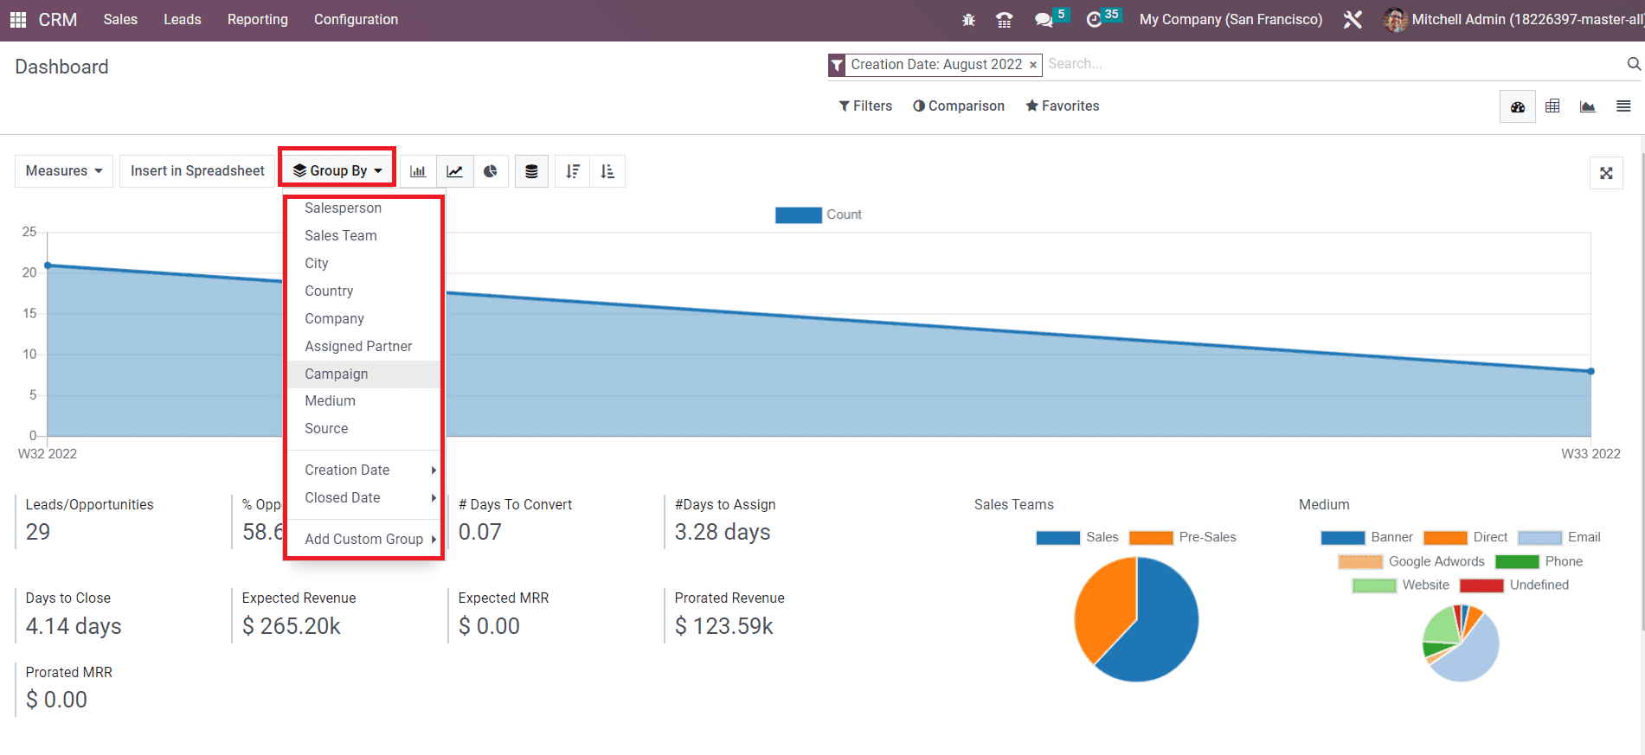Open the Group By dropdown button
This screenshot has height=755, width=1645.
point(337,170)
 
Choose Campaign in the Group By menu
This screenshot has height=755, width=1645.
point(336,374)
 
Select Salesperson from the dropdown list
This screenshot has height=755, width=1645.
point(343,208)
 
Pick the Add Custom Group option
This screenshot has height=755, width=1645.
point(363,539)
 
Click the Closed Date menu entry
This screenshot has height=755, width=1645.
point(342,497)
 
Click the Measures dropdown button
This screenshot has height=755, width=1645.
point(64,170)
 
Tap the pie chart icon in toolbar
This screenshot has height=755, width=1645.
point(491,171)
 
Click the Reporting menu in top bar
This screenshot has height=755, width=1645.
point(257,19)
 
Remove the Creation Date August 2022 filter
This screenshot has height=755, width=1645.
point(1032,65)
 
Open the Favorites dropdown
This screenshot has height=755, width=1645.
point(1063,106)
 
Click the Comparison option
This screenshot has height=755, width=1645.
point(959,106)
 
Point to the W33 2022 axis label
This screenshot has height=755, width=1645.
point(1590,453)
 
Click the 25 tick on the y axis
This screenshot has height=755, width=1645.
point(29,232)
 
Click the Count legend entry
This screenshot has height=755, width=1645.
point(819,214)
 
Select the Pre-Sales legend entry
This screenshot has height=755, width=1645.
point(1183,537)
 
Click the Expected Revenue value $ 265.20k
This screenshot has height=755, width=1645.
point(291,626)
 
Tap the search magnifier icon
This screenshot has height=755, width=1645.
point(1633,64)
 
